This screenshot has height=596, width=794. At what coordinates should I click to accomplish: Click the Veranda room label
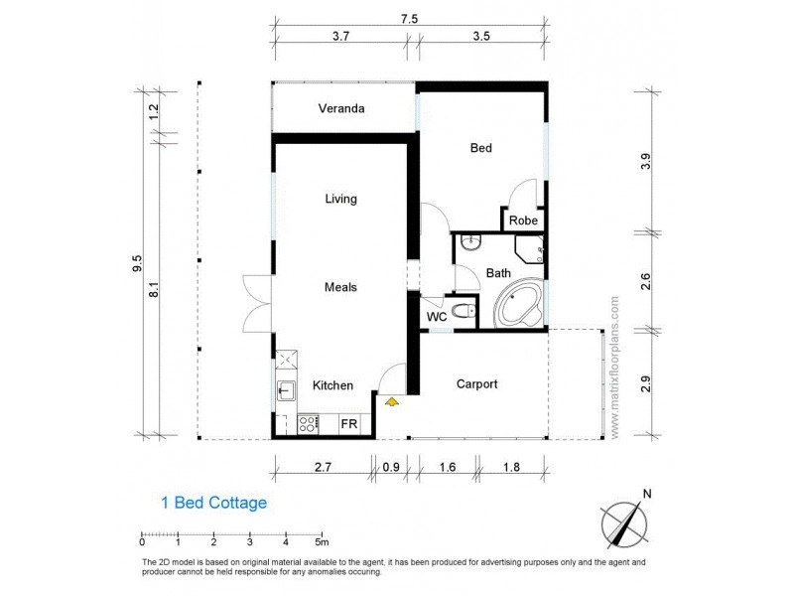click(341, 108)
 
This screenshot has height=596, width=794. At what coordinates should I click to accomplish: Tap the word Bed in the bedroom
click(480, 148)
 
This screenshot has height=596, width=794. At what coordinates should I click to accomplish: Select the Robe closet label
click(523, 221)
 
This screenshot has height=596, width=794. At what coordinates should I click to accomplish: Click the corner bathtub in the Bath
click(519, 304)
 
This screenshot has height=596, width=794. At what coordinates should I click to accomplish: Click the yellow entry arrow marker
click(392, 401)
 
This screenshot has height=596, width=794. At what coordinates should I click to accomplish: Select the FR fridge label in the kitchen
click(349, 423)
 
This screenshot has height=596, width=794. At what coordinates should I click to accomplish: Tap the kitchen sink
click(285, 389)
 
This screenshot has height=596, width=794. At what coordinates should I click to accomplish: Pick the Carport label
click(476, 383)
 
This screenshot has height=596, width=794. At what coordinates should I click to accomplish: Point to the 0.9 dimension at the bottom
click(392, 465)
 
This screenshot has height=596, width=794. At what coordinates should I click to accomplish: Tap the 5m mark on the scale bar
click(322, 542)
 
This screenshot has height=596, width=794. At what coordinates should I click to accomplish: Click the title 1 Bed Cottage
click(213, 503)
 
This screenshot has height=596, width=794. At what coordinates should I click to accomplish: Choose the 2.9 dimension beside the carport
click(646, 383)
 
